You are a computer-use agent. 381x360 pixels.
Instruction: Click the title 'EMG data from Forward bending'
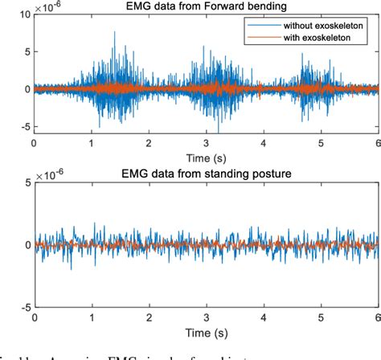tap(205, 7)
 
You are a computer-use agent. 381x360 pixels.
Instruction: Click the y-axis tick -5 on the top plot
tap(23, 126)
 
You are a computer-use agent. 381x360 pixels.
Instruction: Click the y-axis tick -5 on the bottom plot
tap(23, 307)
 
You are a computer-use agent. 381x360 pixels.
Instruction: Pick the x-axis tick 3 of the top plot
tap(206, 143)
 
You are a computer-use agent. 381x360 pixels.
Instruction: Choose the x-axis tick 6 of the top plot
tap(378, 143)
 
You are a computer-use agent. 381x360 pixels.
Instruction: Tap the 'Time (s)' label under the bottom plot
tap(205, 330)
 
